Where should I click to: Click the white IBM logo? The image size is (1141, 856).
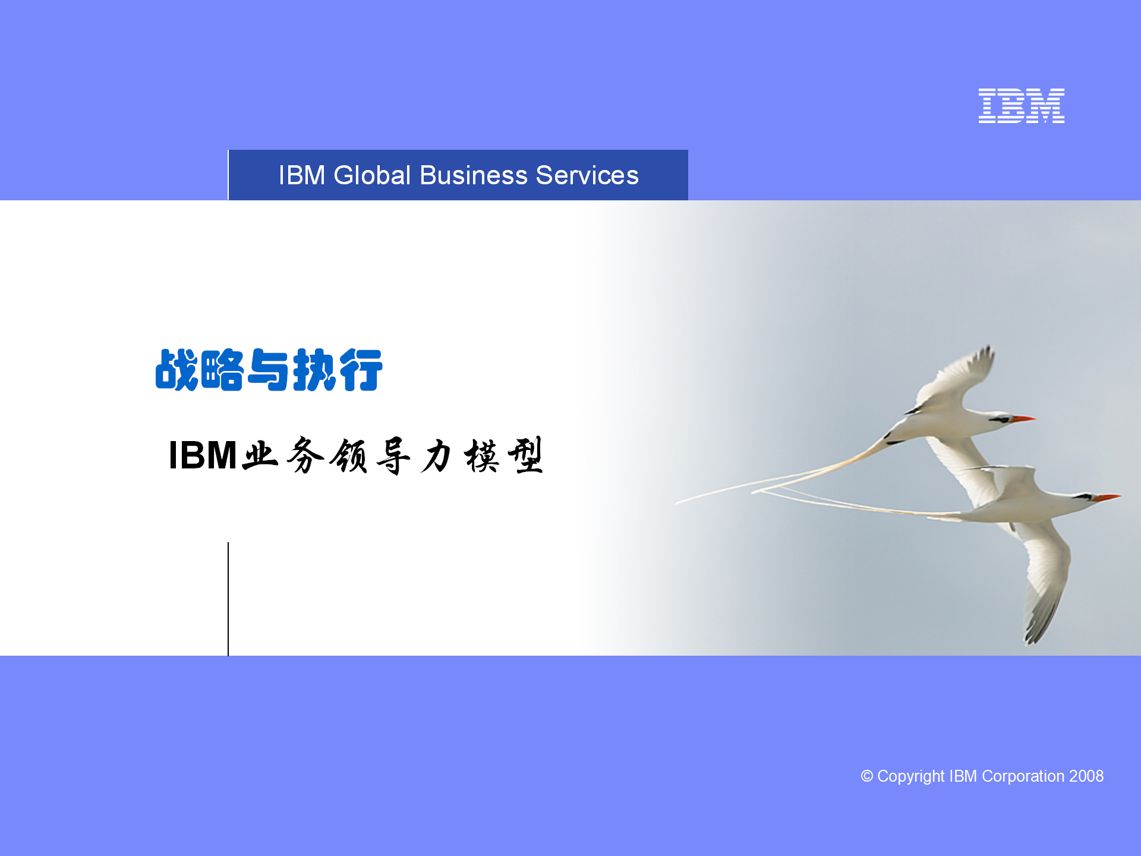coord(1021,106)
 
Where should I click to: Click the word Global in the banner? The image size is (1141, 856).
coord(372,175)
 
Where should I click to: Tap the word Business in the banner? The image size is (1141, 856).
coord(474,175)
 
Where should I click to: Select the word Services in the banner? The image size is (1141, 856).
coord(587,175)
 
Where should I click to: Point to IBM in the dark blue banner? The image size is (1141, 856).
coord(302,175)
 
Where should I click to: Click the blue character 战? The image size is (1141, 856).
coord(176,370)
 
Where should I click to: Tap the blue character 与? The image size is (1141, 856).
coord(269,370)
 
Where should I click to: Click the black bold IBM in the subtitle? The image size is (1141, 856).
coord(203,455)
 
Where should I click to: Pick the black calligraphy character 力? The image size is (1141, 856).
coord(437,456)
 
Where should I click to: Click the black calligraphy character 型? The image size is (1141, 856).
coord(525,455)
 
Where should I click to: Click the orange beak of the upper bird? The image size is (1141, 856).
coord(1023,419)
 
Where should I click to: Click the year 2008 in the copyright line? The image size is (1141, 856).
coord(1086,776)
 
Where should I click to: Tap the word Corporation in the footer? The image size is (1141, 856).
coord(1023,776)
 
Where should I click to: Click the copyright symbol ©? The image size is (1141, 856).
coord(867,776)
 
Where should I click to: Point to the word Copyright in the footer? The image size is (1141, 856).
coord(910,777)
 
